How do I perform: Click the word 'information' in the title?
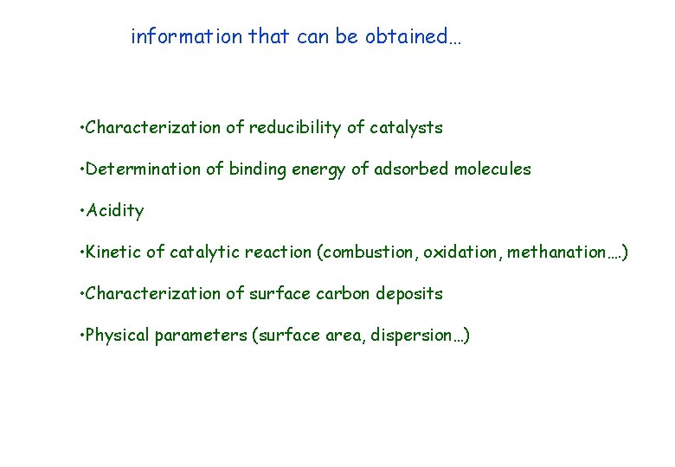186,37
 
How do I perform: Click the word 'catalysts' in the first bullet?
406,128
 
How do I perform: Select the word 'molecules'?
490,170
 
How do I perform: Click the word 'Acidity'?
115,211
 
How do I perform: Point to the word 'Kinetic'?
116,253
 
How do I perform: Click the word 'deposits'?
412,294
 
